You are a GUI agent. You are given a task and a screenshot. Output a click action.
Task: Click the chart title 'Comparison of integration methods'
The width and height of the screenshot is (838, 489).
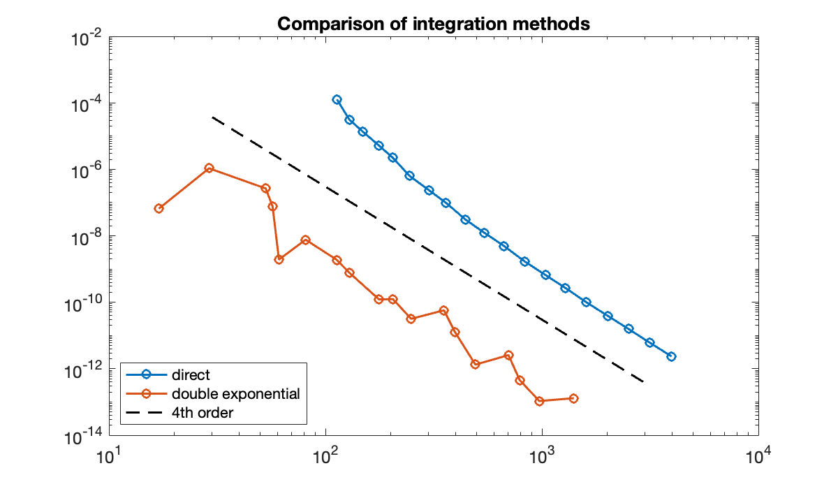434,24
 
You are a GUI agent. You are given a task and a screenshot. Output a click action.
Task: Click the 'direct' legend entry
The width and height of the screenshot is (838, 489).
191,375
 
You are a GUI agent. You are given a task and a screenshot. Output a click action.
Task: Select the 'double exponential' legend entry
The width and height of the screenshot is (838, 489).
235,394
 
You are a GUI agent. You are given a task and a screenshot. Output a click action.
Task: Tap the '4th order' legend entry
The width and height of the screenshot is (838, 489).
202,413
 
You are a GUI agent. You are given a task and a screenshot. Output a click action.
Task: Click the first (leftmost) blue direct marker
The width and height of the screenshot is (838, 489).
337,100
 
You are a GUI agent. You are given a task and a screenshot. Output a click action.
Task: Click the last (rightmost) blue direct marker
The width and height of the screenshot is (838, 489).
671,356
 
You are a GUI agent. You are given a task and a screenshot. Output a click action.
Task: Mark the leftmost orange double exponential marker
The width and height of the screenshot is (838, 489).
159,208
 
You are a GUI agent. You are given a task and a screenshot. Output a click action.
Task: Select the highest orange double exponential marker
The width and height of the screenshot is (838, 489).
209,168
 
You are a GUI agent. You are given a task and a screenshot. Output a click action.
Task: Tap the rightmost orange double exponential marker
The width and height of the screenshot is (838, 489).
573,398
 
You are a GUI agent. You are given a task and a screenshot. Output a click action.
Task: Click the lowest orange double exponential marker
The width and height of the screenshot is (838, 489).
539,401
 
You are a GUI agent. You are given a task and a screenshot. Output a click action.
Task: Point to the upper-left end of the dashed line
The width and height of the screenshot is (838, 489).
212,117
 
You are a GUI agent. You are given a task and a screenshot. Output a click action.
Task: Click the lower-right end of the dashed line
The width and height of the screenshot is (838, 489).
643,382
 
